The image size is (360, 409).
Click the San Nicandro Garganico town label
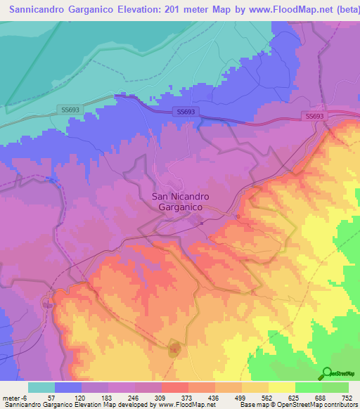coord(177,202)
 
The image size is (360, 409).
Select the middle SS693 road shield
coord(185,112)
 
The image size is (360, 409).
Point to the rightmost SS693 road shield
coord(314,116)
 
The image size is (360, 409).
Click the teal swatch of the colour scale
coord(41,387)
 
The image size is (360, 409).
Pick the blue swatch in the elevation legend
coord(68,387)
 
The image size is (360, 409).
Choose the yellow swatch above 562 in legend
coord(255,387)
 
